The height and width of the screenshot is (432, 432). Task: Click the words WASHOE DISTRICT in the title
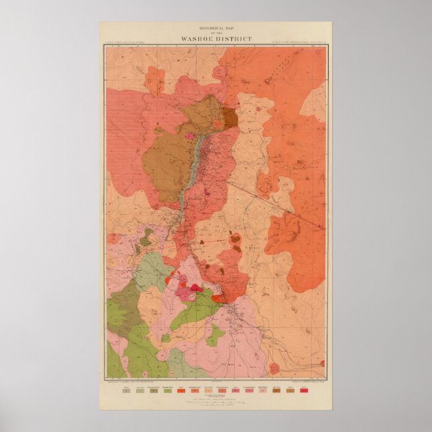(215, 39)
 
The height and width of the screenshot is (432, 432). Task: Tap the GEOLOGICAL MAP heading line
(215, 28)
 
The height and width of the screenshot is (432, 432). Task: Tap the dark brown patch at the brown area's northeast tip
(230, 118)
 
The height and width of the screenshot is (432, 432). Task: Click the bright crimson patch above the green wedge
(196, 288)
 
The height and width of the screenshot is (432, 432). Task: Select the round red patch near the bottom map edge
(274, 368)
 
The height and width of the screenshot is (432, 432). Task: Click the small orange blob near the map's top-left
(155, 80)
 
